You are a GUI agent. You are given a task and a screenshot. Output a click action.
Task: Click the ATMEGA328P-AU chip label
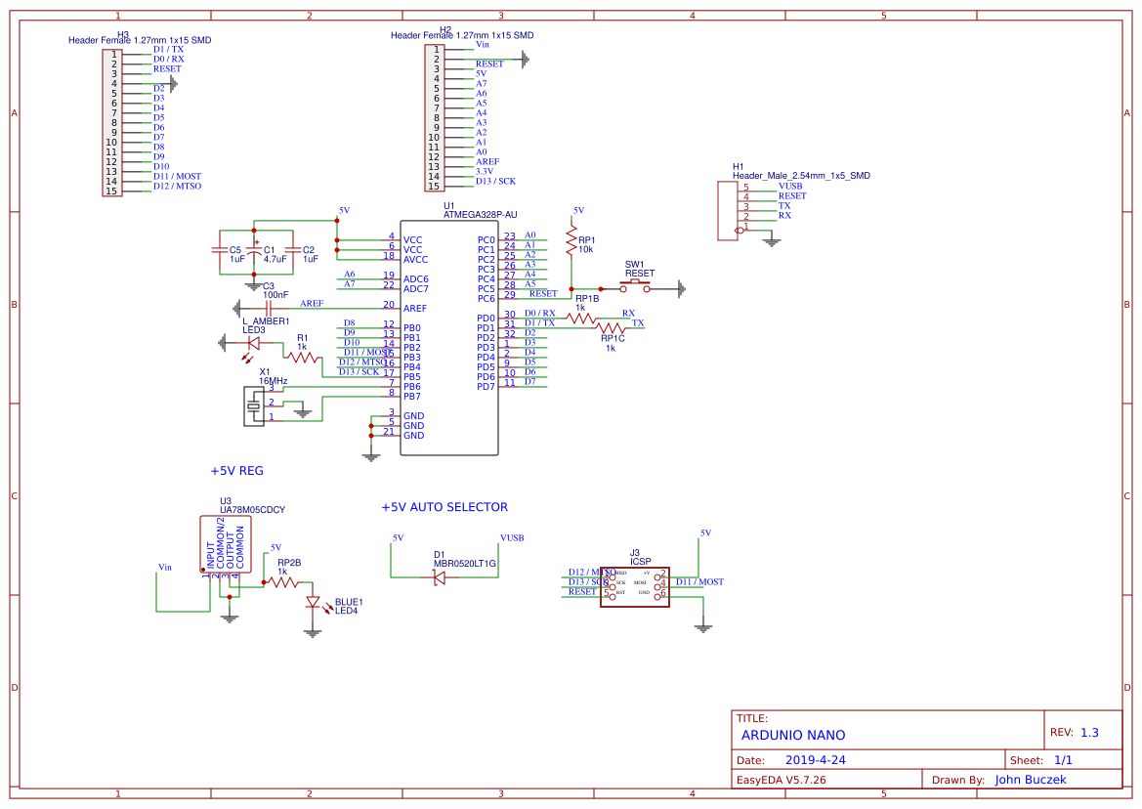tap(480, 214)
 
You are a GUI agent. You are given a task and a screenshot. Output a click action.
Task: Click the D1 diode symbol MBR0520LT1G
tap(440, 577)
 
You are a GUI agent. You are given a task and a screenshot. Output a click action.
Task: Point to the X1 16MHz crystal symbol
tap(255, 405)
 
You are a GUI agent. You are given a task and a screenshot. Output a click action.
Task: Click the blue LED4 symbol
tap(313, 603)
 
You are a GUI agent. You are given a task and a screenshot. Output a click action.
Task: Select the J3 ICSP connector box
tap(634, 587)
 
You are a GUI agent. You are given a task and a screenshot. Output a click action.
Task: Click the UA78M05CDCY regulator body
tap(227, 544)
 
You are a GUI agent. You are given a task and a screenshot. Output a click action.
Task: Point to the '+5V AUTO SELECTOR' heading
tap(444, 507)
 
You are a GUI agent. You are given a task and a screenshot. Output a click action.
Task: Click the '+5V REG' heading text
tap(236, 471)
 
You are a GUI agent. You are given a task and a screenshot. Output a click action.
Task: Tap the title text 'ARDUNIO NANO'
tap(793, 736)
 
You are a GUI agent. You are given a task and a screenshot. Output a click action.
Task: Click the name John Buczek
tap(1031, 780)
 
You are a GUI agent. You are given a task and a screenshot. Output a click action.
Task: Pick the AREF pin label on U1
tap(414, 309)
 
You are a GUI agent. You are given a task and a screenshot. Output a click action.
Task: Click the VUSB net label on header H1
tap(790, 186)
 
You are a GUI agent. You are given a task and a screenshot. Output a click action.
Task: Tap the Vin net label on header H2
tap(483, 45)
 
